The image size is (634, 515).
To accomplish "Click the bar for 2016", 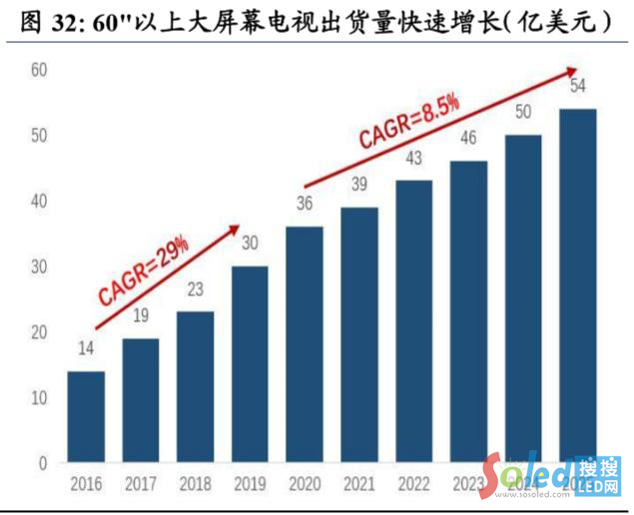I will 86,417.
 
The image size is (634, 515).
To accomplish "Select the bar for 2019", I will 250,364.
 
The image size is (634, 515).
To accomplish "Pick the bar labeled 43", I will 413,321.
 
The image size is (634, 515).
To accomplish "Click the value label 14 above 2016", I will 86,350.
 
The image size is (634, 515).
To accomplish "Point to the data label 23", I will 195,291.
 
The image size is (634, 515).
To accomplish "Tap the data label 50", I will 523,112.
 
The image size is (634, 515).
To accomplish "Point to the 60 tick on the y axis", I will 39,70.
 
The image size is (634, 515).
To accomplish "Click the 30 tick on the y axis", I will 39,266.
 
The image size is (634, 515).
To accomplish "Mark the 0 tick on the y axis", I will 43,463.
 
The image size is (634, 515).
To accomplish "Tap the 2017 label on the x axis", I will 141,486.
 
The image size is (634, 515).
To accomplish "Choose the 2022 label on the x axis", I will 413,486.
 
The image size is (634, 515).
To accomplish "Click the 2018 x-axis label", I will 195,486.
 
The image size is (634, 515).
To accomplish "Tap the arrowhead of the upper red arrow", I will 572,70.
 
